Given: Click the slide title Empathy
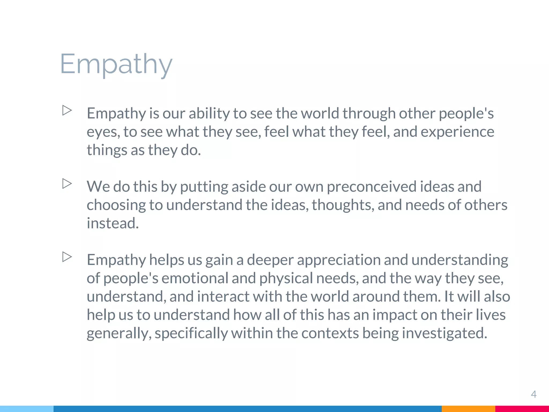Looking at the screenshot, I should point(116,64).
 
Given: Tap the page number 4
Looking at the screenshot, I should point(533,394).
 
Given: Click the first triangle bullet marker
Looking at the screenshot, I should point(67,110).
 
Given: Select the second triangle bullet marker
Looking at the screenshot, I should point(67,184).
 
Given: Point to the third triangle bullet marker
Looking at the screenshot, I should point(67,257).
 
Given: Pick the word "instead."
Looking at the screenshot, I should point(113,223).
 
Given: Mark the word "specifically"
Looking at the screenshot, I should point(191,333).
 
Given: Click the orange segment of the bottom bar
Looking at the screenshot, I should point(468,409).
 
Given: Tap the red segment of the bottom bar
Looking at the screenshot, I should point(522,409).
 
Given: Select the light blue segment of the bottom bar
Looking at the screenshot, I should point(27,409).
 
